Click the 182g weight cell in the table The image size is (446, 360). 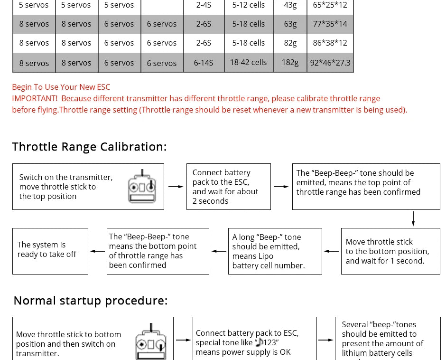tap(290, 63)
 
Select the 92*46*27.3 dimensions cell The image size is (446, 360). tap(330, 63)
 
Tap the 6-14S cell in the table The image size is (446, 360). tap(204, 63)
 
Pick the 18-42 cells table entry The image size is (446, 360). tap(248, 62)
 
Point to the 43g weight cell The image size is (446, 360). tap(290, 5)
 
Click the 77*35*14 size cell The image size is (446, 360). tap(330, 24)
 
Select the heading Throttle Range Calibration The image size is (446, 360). tap(89, 146)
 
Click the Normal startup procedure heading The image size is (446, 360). tap(90, 301)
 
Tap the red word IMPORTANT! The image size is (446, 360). tap(35, 98)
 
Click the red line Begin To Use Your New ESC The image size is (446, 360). tap(61, 87)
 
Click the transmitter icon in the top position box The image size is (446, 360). tap(142, 187)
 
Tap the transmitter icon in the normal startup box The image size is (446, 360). tap(151, 342)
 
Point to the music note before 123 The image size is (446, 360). tap(259, 342)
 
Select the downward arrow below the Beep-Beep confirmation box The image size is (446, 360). tap(413, 218)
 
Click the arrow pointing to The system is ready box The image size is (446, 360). tap(97, 251)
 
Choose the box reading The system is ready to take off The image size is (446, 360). tap(50, 251)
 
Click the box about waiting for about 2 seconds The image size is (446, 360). tap(229, 187)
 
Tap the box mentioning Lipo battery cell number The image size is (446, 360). tap(275, 251)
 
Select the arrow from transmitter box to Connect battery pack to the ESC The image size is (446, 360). tap(176, 187)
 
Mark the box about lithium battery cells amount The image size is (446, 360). tap(388, 338)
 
